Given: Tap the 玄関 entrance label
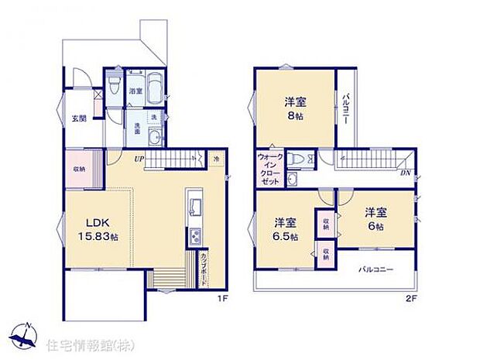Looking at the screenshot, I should [79, 118].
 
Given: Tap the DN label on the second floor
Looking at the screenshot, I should [405, 173].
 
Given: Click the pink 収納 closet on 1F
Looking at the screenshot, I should [81, 169].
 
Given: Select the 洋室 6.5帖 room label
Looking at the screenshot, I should [285, 228].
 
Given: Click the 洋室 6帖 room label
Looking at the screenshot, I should [376, 218].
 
